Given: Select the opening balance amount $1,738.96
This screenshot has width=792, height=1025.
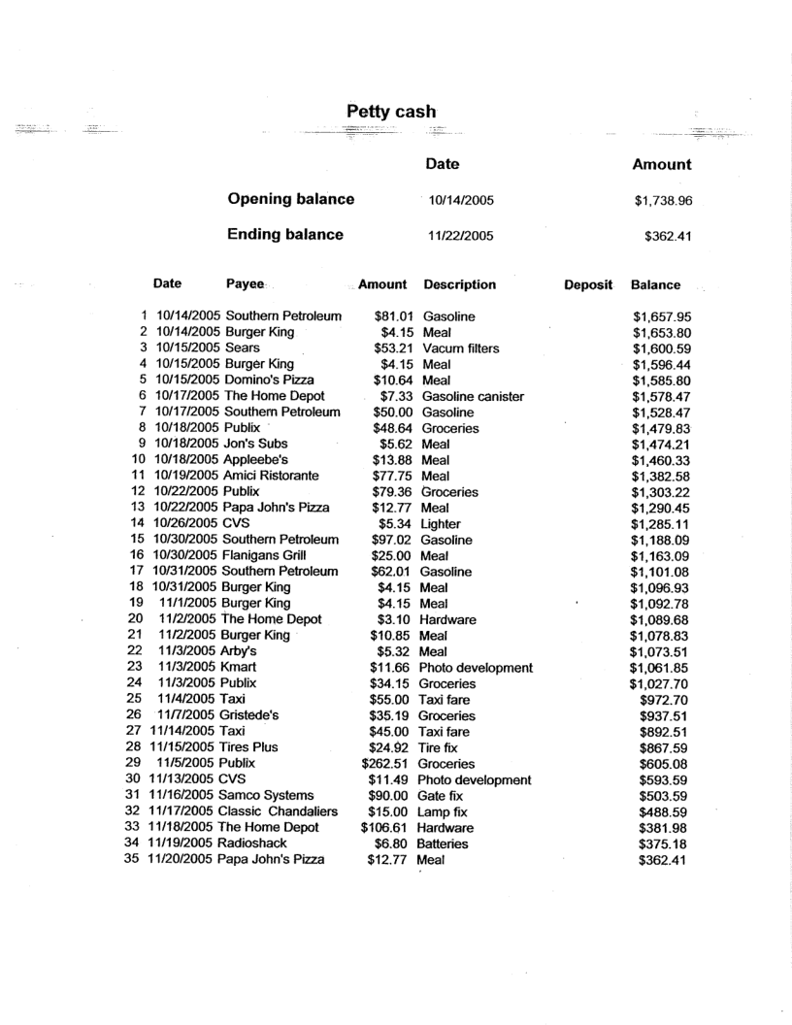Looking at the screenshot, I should pyautogui.click(x=661, y=201).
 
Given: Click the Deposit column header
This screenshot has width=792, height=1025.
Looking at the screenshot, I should pyautogui.click(x=588, y=285).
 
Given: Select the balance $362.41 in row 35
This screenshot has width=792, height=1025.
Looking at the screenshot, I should pyautogui.click(x=661, y=860).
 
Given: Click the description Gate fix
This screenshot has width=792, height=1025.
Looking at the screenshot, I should pyautogui.click(x=443, y=796).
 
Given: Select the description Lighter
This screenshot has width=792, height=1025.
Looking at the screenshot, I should pyautogui.click(x=441, y=524).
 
